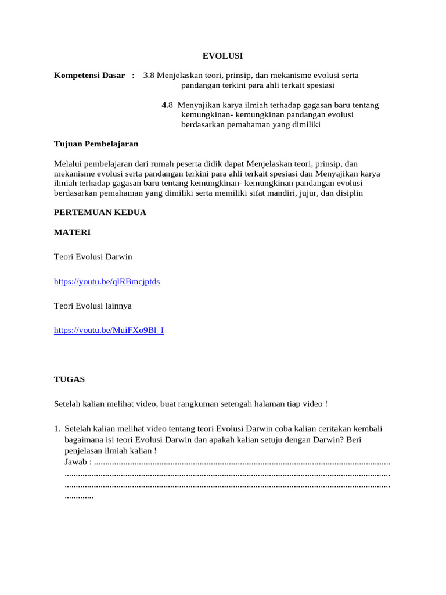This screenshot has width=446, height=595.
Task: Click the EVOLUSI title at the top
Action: (x=222, y=56)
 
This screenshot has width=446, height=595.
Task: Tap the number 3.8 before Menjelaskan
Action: (x=149, y=76)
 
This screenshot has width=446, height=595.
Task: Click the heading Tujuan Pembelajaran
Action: (x=96, y=144)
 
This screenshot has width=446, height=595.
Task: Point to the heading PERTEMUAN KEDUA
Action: (x=100, y=213)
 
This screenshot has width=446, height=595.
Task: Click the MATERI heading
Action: (x=72, y=232)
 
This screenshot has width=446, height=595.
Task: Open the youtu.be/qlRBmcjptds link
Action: (x=107, y=281)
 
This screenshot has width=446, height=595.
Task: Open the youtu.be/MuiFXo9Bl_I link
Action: (x=109, y=330)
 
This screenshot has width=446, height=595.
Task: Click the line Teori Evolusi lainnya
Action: (x=96, y=306)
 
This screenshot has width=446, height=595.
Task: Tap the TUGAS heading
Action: (x=69, y=379)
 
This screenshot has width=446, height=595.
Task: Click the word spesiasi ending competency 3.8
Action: (x=311, y=85)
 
